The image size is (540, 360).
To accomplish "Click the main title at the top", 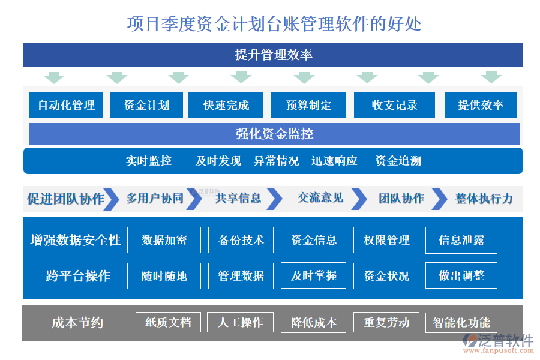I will pyautogui.click(x=274, y=23).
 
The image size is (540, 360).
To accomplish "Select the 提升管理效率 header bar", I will pyautogui.click(x=273, y=55).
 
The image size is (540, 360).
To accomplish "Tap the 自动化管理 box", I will pyautogui.click(x=66, y=105).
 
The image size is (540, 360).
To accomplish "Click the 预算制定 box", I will pyautogui.click(x=308, y=105).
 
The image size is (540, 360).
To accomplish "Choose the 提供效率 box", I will pyautogui.click(x=480, y=105).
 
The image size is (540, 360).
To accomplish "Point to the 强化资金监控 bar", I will pyautogui.click(x=274, y=133).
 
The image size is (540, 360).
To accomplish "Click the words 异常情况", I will pyautogui.click(x=276, y=161).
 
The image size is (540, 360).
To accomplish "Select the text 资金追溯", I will pyautogui.click(x=398, y=161).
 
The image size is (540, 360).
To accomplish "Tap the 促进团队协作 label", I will pyautogui.click(x=65, y=199).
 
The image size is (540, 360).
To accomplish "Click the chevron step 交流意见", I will pyautogui.click(x=320, y=198).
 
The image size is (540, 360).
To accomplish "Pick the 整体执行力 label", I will pyautogui.click(x=484, y=199).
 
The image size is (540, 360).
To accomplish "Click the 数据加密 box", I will pyautogui.click(x=164, y=240).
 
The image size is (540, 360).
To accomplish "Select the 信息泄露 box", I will pyautogui.click(x=461, y=240).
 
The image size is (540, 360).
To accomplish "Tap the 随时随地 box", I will pyautogui.click(x=164, y=276).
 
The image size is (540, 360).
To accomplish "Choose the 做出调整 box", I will pyautogui.click(x=461, y=276).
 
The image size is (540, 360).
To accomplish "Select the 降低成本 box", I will pyautogui.click(x=314, y=323).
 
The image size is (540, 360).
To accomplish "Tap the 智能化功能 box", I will pyautogui.click(x=461, y=323).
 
